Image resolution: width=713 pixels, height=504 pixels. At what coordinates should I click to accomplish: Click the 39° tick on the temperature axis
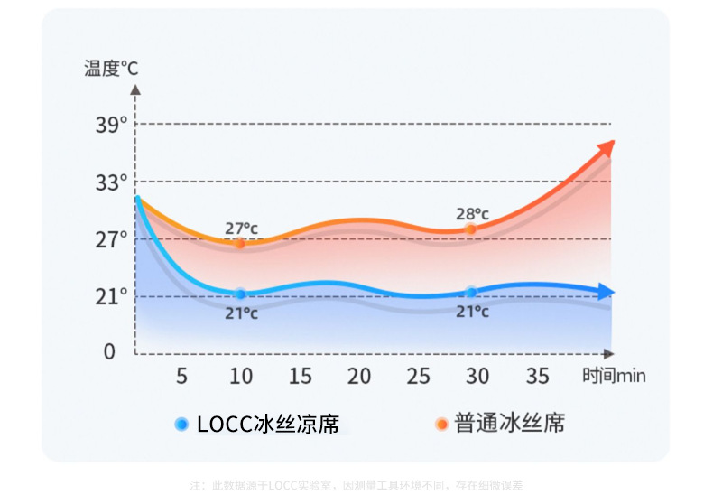pos(112,125)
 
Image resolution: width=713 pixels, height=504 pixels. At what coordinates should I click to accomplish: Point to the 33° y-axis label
pos(112,182)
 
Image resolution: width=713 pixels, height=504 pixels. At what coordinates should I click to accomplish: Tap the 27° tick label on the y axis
pos(112,239)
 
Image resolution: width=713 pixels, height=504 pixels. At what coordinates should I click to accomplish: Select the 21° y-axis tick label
pos(112,296)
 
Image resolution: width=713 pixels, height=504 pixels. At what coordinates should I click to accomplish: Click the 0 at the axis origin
pos(109,351)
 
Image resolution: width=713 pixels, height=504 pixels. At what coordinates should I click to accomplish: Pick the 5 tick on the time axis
pos(181,376)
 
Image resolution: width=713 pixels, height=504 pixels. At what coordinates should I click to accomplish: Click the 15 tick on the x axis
pos(300,376)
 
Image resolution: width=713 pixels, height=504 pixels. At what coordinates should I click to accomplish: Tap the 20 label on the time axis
pos(359,376)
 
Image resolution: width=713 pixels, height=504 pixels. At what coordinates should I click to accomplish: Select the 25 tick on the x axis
pos(419,376)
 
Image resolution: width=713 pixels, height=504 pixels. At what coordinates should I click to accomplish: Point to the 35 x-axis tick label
pos(538,376)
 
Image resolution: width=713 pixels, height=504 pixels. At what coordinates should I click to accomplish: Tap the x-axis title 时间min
pos(614,376)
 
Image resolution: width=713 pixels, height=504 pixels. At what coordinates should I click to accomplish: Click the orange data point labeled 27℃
pos(239,243)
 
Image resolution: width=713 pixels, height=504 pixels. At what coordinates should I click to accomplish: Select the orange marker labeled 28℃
pos(470,229)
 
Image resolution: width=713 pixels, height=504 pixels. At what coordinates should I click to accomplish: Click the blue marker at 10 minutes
pos(240,294)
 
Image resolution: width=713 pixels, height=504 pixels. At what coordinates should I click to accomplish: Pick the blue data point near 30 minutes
pos(470,292)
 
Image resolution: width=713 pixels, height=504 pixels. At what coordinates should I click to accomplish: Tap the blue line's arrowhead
pos(607,292)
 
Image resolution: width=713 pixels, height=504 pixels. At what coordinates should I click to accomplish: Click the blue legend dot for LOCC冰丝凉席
pos(181,423)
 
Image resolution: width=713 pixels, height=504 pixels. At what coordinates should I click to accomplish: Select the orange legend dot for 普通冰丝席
pos(441,423)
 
